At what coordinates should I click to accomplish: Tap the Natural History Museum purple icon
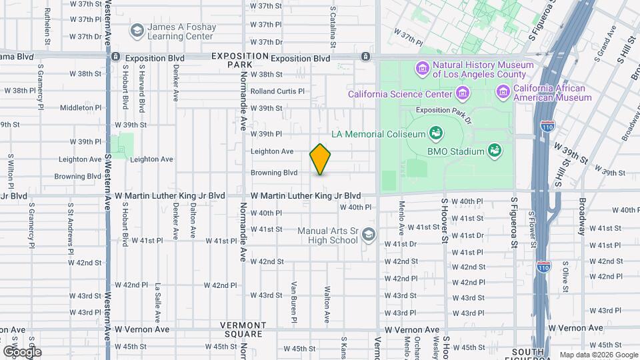(x=421, y=67)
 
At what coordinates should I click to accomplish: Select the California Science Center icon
(x=339, y=93)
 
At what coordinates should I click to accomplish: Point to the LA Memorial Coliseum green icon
(x=436, y=133)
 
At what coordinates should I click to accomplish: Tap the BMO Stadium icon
(x=494, y=150)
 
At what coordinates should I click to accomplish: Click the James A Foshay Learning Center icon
(x=137, y=31)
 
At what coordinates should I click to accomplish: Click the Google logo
(x=21, y=351)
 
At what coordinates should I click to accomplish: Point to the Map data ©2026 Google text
(x=598, y=355)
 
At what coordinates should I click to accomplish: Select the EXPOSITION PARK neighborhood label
(x=231, y=61)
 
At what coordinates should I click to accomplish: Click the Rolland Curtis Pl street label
(x=277, y=91)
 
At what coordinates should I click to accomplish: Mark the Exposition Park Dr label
(x=443, y=110)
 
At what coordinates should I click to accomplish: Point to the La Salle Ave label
(x=158, y=296)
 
